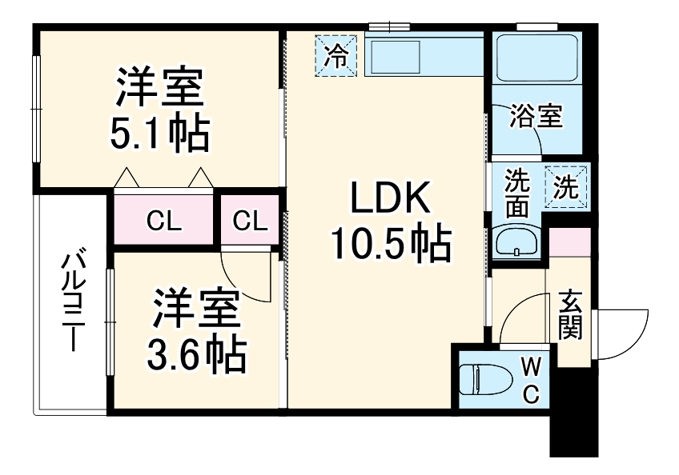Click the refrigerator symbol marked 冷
click(338, 55)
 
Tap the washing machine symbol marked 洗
click(566, 187)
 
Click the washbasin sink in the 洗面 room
click(516, 242)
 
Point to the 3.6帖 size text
click(195, 353)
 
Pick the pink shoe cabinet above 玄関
click(569, 243)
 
